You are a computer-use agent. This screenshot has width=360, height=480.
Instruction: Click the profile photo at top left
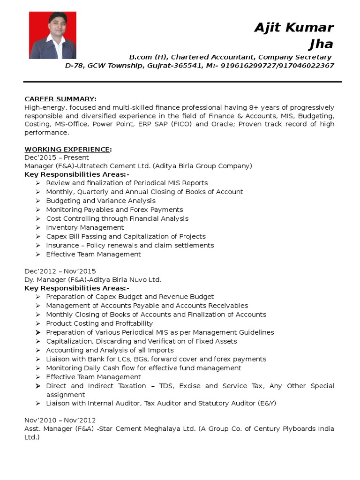coord(52,35)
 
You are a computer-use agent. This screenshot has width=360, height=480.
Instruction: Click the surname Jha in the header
coord(321,44)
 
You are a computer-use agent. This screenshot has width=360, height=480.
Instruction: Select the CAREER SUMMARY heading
coord(60,99)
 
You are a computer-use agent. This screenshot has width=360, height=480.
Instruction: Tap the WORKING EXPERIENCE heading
coord(67,149)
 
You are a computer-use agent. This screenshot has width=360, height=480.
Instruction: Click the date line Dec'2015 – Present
coord(56,157)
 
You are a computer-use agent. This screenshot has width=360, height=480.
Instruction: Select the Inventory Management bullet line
coord(85,227)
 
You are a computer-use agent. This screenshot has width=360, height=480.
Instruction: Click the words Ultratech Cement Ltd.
coord(112,166)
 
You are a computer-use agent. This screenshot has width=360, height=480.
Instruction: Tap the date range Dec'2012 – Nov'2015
coord(60,271)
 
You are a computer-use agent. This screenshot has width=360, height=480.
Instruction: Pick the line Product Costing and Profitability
coord(99,323)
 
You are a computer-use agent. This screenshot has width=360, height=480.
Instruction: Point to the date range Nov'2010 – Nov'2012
coord(60,420)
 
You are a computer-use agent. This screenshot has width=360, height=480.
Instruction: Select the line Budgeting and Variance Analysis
coord(101,201)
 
